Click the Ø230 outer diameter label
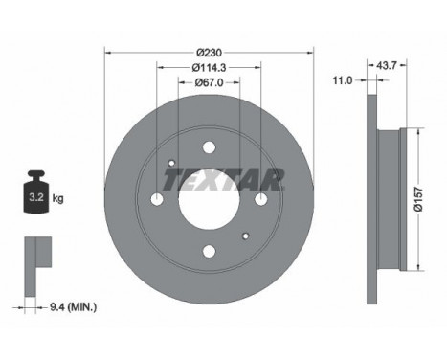coord(209,53)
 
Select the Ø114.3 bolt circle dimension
coord(209,68)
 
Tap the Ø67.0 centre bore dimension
coord(209,82)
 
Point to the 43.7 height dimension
coord(387,65)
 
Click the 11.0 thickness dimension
coord(343,80)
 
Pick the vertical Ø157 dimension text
coord(418,199)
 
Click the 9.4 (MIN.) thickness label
coord(74,307)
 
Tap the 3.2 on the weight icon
coord(36,197)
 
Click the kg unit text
coord(57,199)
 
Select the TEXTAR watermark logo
coord(223,179)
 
